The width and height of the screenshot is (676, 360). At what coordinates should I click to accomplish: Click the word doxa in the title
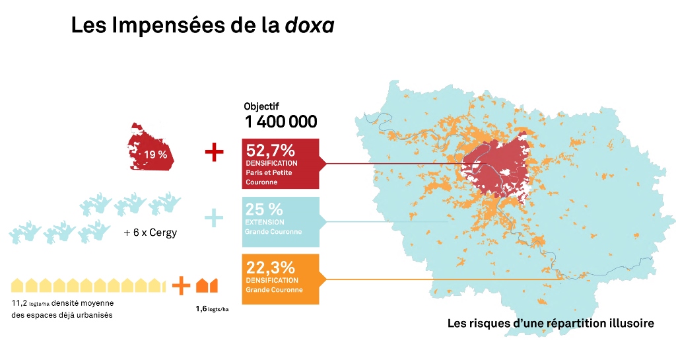click(310, 26)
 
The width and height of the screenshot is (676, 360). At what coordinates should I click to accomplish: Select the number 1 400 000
click(281, 122)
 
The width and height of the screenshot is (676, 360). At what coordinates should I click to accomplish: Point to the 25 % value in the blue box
click(264, 209)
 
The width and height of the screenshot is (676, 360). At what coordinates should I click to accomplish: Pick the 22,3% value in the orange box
click(269, 267)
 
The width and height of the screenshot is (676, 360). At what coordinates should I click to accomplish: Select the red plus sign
click(215, 153)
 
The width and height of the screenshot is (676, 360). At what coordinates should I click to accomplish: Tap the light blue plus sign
click(213, 218)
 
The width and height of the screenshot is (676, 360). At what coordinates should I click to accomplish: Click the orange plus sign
click(180, 285)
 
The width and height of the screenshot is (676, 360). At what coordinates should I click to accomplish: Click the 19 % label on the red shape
click(156, 155)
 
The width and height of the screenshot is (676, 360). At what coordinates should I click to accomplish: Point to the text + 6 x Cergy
click(151, 233)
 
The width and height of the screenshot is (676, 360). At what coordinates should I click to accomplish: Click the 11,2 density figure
click(20, 303)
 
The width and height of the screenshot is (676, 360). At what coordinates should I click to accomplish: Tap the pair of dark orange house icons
click(207, 285)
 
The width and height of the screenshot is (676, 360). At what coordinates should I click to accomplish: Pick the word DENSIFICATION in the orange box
click(271, 280)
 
